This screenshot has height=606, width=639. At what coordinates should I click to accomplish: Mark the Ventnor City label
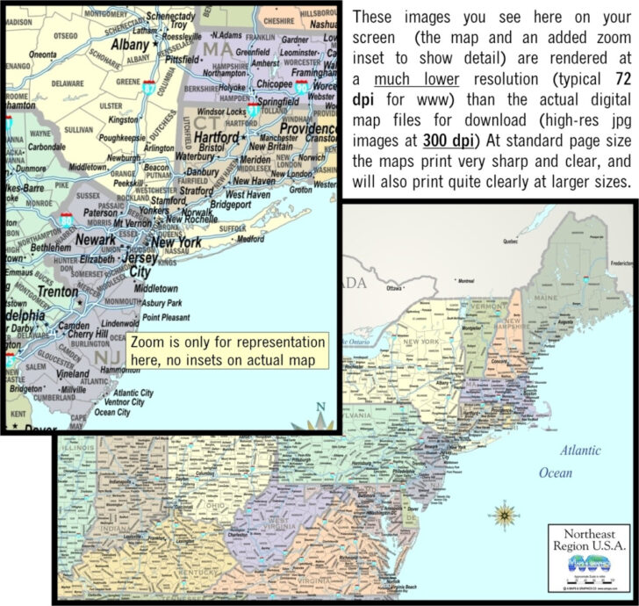coord(121,402)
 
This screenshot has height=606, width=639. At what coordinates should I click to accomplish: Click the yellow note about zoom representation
coord(227,350)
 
